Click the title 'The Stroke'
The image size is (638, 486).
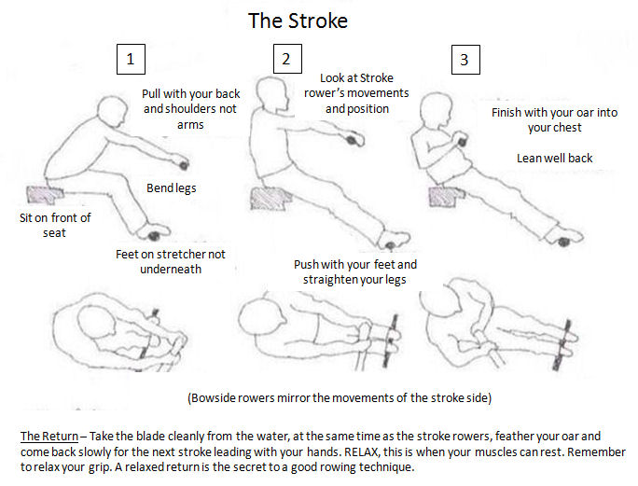click(298, 21)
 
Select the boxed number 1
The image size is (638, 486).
click(131, 59)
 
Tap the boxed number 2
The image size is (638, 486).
click(287, 59)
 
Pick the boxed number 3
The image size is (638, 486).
click(465, 60)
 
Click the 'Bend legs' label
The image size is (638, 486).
click(172, 188)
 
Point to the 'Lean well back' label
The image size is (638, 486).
click(555, 158)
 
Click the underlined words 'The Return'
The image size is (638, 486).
click(49, 436)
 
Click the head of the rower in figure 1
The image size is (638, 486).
click(112, 111)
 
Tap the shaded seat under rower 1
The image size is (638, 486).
click(44, 195)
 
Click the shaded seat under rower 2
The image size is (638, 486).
click(270, 199)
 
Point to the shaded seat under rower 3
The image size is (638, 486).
click(447, 197)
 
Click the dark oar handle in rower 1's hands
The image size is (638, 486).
click(184, 165)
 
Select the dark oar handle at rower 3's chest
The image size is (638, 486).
click(462, 142)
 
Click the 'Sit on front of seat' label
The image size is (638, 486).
click(55, 225)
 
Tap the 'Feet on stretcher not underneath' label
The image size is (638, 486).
click(171, 261)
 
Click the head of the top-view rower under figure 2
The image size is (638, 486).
click(260, 317)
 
